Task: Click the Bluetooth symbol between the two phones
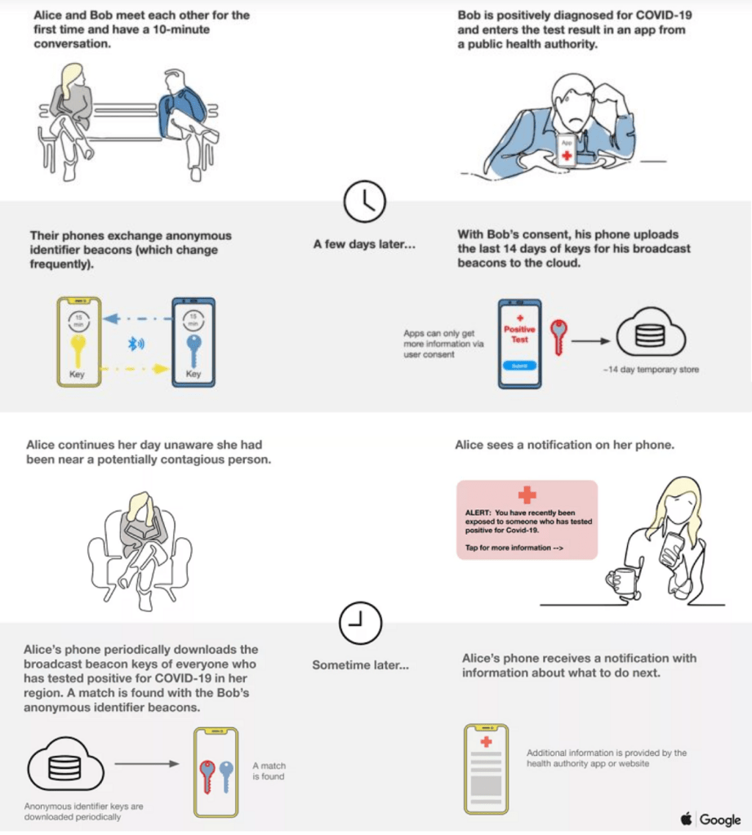pos(136,344)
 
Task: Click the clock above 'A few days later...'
pos(364,202)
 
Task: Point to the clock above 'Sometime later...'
pos(361,623)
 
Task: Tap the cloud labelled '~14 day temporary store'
pos(650,333)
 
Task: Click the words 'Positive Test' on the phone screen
pos(519,334)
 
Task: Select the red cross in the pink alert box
pos(527,495)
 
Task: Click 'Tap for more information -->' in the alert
pos(514,548)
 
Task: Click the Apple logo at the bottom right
pos(687,818)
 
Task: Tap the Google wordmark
pos(720,819)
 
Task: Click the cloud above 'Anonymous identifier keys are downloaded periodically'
pos(65,764)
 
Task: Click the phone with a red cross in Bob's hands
pos(567,150)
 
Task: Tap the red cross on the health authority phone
pos(486,742)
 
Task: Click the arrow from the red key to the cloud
pos(590,341)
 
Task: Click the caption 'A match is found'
pos(269,771)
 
